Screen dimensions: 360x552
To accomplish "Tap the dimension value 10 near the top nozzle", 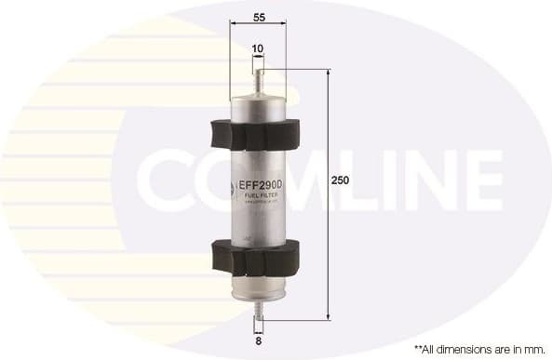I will [x=257, y=48].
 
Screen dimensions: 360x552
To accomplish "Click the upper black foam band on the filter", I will [x=258, y=134].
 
